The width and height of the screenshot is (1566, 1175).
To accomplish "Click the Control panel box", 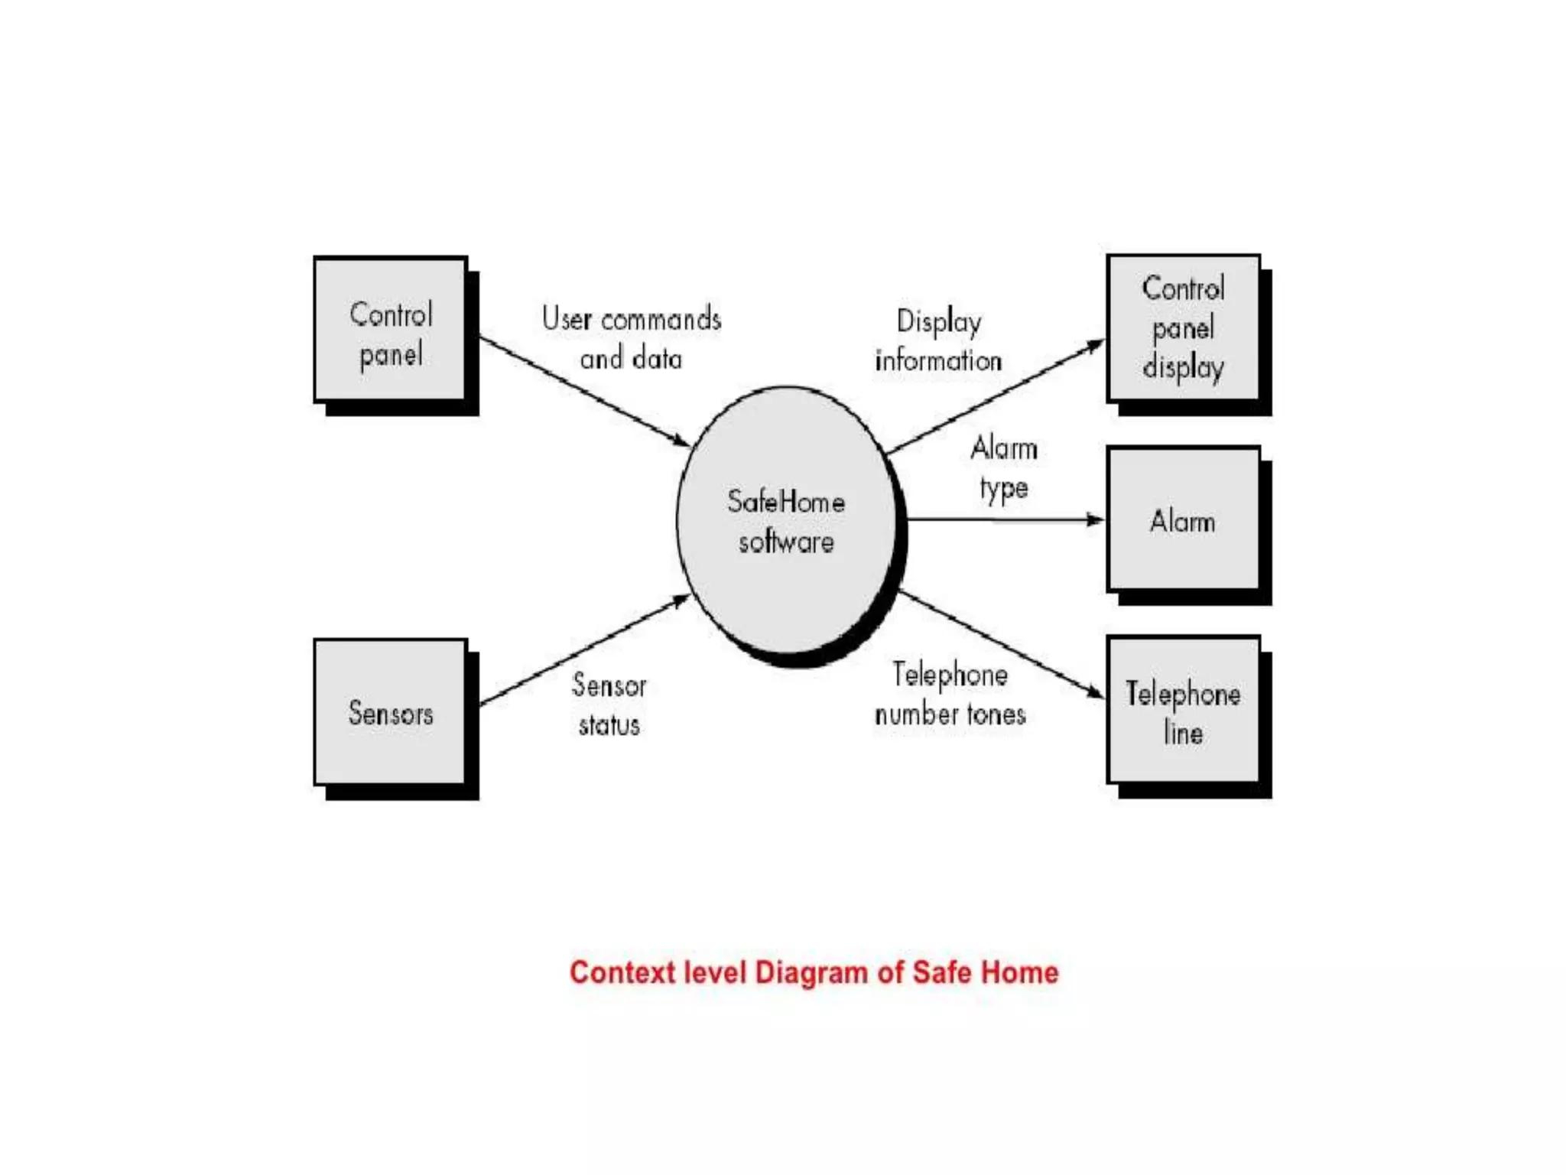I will [x=390, y=330].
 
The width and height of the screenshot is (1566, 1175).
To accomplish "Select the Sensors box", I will [x=390, y=712].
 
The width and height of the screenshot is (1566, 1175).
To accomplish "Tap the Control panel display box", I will [x=1183, y=328].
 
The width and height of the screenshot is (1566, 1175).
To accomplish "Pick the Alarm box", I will [x=1183, y=520].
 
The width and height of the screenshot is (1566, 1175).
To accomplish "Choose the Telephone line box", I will [x=1183, y=711].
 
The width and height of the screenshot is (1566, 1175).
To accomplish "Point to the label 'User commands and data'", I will [x=631, y=338].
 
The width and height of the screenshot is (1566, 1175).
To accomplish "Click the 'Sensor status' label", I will [x=609, y=705].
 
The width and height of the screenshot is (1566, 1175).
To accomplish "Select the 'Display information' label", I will [x=939, y=341].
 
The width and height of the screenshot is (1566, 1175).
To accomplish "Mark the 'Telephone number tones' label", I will [x=950, y=695].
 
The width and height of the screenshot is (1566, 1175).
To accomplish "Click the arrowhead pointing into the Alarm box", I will [x=1096, y=520].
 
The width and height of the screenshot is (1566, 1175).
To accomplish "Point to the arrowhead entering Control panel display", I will [x=1096, y=347].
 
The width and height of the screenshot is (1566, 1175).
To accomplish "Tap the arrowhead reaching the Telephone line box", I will [x=1096, y=692].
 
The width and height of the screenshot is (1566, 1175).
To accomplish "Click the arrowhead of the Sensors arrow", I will [x=681, y=601].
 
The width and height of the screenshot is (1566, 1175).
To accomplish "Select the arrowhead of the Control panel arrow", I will [x=681, y=441].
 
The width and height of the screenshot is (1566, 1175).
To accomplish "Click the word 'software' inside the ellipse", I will [x=786, y=542].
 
